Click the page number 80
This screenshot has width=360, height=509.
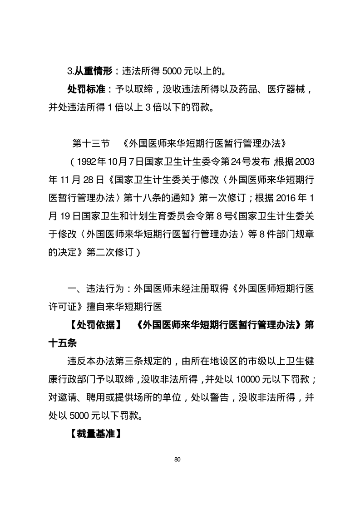[x=178, y=460]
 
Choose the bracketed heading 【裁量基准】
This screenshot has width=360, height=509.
[x=95, y=433]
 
